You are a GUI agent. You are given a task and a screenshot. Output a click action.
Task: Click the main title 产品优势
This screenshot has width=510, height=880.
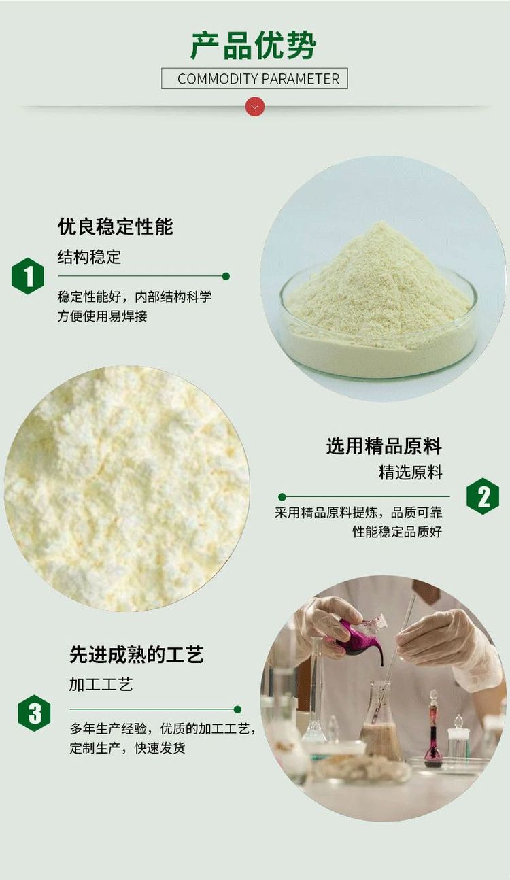pyautogui.click(x=254, y=46)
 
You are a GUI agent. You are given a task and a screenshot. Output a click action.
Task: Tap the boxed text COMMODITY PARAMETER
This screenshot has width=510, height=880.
pyautogui.click(x=258, y=79)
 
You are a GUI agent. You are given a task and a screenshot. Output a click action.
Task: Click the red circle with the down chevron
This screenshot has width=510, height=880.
pyautogui.click(x=255, y=107)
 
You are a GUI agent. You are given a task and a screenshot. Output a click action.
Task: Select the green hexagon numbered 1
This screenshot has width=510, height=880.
pyautogui.click(x=28, y=276)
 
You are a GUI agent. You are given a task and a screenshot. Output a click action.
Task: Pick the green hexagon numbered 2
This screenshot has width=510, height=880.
pyautogui.click(x=483, y=496)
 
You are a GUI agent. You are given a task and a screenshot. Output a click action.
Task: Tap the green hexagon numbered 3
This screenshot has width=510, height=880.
pyautogui.click(x=34, y=713)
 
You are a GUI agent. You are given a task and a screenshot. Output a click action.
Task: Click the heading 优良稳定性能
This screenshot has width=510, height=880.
pyautogui.click(x=115, y=226)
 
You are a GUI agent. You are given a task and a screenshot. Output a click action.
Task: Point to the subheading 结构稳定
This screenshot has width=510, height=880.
pyautogui.click(x=89, y=257)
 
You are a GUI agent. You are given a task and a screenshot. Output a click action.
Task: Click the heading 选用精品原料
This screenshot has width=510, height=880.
pyautogui.click(x=384, y=446)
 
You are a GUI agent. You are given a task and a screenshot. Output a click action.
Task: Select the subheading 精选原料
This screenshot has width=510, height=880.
pyautogui.click(x=411, y=473)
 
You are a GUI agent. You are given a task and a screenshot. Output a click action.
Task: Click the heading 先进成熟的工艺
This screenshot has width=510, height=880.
pyautogui.click(x=137, y=655)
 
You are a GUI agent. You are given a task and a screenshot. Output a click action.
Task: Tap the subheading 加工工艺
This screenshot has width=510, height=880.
pyautogui.click(x=101, y=684)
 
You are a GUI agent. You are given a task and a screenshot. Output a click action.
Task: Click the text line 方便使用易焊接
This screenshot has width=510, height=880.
pyautogui.click(x=102, y=316)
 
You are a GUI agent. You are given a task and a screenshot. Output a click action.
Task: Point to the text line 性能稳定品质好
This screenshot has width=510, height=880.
pyautogui.click(x=397, y=532)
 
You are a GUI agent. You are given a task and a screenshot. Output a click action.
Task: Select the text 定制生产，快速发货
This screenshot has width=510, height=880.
pyautogui.click(x=127, y=748)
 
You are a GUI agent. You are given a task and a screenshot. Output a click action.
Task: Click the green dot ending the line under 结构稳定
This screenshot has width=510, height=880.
pyautogui.click(x=226, y=276)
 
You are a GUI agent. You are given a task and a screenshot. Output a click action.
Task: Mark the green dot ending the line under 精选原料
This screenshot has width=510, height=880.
pyautogui.click(x=282, y=497)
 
